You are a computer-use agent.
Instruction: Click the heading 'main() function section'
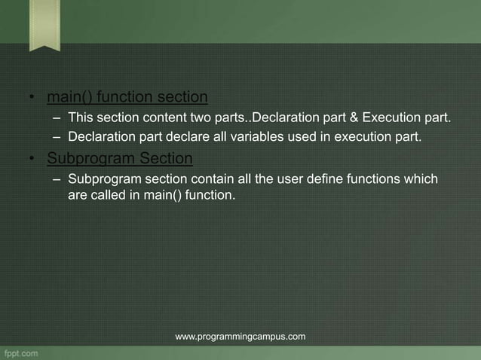tap(127, 98)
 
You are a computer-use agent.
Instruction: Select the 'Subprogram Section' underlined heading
tap(120, 159)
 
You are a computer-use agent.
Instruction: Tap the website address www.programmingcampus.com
tap(240, 336)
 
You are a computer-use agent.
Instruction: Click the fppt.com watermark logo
tap(23, 352)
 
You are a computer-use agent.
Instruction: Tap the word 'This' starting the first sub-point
tap(80, 118)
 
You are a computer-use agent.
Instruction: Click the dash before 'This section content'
tap(57, 118)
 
